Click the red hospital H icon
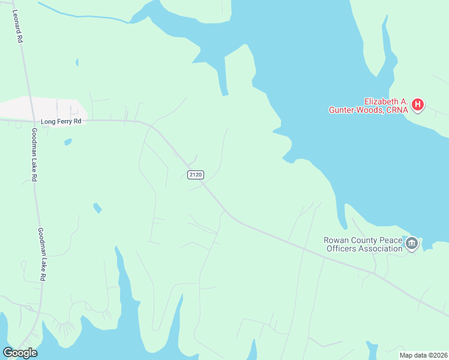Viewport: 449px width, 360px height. (418, 106)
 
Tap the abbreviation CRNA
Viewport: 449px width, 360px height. (399, 110)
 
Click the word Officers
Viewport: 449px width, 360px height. (342, 249)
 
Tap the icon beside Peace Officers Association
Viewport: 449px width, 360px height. (412, 244)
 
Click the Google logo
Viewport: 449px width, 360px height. (20, 353)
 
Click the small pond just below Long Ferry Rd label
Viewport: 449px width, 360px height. (68, 142)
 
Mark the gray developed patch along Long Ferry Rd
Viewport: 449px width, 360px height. (42, 108)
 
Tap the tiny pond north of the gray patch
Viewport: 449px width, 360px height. (77, 62)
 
